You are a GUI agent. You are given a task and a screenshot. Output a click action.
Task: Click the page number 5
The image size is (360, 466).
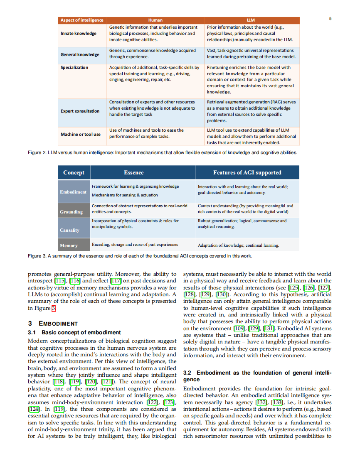pyautogui.click(x=330, y=19)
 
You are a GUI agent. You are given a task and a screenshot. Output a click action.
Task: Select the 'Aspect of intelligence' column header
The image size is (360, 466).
pyautogui.click(x=82, y=20)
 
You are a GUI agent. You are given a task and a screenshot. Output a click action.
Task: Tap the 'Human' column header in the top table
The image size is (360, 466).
pyautogui.click(x=155, y=20)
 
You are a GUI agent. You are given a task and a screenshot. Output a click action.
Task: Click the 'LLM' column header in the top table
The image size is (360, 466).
pyautogui.click(x=251, y=20)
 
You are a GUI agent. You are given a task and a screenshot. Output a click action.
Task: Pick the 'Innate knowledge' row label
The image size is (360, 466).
pyautogui.click(x=79, y=33)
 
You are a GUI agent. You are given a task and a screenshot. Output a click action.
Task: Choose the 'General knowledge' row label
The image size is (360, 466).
pyautogui.click(x=80, y=54)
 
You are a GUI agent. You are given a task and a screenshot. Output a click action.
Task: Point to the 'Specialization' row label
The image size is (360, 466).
pyautogui.click(x=74, y=67)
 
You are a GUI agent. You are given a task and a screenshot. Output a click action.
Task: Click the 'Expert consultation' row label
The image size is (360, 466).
pyautogui.click(x=80, y=111)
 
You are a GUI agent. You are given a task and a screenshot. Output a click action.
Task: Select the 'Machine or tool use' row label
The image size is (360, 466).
pyautogui.click(x=81, y=134)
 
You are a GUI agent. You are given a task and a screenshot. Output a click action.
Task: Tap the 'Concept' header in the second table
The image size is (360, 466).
pyautogui.click(x=74, y=172)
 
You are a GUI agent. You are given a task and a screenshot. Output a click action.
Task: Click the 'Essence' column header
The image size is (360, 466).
pyautogui.click(x=134, y=172)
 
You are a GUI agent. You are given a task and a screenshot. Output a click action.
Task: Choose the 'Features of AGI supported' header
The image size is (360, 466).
pyautogui.click(x=247, y=172)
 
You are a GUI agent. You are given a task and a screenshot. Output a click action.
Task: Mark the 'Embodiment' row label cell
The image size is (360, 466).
pyautogui.click(x=73, y=192)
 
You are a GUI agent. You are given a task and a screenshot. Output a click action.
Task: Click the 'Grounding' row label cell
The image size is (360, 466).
pyautogui.click(x=72, y=212)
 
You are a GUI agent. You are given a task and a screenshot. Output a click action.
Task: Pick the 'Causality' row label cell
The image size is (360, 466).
pyautogui.click(x=69, y=230)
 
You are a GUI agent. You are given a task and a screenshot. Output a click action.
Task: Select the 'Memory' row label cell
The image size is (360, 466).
pyautogui.click(x=69, y=245)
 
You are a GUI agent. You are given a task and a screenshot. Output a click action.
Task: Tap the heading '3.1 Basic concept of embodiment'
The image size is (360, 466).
pyautogui.click(x=74, y=332)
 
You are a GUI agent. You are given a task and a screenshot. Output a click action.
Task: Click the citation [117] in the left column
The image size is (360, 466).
pyautogui.click(x=115, y=281)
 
